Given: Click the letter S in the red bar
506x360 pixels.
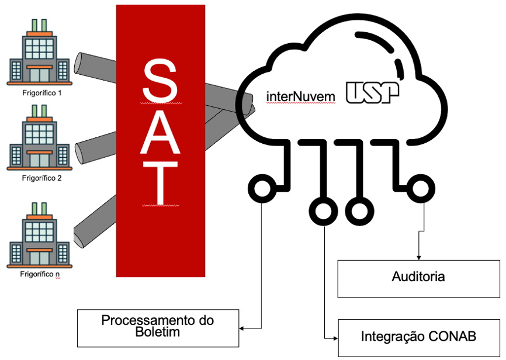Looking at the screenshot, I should [x=161, y=81].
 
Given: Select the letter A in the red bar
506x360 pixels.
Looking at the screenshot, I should [x=161, y=128].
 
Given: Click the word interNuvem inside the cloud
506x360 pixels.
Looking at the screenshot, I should [x=301, y=95].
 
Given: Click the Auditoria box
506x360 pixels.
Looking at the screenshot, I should [x=418, y=278].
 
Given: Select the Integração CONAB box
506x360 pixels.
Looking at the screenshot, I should [x=418, y=337].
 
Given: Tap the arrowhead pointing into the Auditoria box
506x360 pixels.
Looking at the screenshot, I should [x=418, y=257].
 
